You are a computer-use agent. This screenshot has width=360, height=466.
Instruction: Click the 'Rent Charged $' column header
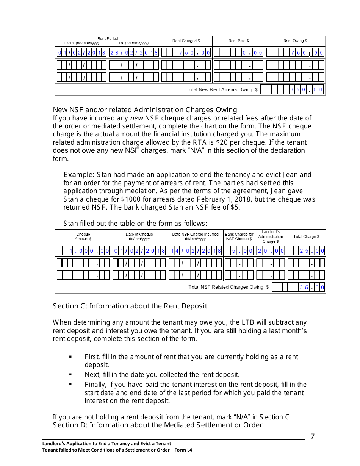186,41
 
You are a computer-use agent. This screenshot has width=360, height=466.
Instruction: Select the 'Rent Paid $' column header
238,41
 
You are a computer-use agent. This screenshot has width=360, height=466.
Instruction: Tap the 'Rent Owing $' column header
295,41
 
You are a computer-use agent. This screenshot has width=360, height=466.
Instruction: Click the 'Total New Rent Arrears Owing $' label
222,90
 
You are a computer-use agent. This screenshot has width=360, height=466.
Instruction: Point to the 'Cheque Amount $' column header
83,236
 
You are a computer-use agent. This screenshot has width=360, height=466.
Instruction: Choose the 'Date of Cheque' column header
139,236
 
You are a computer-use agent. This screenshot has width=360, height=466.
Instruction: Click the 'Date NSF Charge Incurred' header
195,236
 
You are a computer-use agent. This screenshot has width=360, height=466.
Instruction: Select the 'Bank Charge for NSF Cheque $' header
239,236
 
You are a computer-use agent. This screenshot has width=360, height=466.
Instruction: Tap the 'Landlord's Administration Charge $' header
271,236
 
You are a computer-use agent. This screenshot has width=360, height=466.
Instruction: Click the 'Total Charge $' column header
306,236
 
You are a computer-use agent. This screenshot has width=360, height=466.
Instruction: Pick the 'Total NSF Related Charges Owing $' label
229,287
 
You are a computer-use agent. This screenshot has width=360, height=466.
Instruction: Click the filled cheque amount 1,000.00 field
83,250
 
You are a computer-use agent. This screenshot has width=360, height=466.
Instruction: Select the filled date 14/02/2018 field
195,250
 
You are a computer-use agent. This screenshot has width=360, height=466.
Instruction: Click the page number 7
313,436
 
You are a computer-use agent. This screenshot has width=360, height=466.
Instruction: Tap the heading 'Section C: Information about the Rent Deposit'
130,306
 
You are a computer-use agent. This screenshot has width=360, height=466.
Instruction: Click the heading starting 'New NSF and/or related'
145,110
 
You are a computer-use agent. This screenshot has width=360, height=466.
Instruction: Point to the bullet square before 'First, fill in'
70,357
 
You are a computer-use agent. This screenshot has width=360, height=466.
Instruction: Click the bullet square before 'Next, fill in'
70,375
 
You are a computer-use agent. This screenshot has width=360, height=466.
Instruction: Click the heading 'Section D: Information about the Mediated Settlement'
157,425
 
